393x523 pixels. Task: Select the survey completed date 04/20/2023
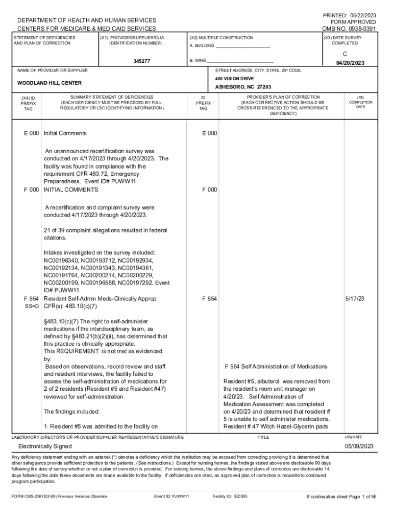tap(350, 63)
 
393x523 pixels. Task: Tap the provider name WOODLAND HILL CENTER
tap(50, 83)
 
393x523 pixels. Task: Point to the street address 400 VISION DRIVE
tap(234, 79)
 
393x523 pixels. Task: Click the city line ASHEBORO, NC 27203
tap(243, 87)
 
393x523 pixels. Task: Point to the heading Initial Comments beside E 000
tap(65, 133)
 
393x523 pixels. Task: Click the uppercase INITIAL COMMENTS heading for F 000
tap(71, 189)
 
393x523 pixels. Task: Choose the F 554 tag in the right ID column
tap(210, 298)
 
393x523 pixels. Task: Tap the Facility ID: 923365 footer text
tap(230, 496)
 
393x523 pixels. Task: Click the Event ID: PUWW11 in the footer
tap(171, 496)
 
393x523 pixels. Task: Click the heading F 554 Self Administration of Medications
tap(276, 367)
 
